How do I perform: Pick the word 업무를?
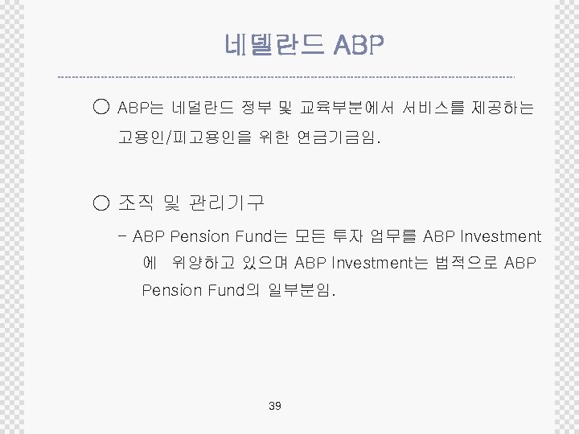394,236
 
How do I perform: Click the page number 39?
274,406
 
